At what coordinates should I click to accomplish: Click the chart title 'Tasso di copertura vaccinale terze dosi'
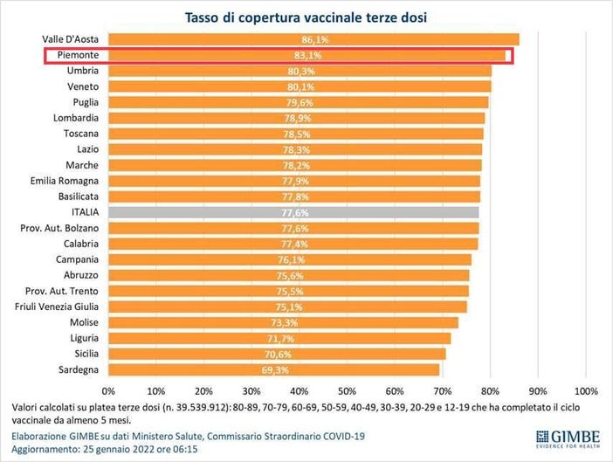(306, 17)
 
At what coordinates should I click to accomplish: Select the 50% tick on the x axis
(347, 390)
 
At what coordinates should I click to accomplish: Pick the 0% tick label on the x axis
(109, 390)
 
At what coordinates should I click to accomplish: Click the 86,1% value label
(313, 39)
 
